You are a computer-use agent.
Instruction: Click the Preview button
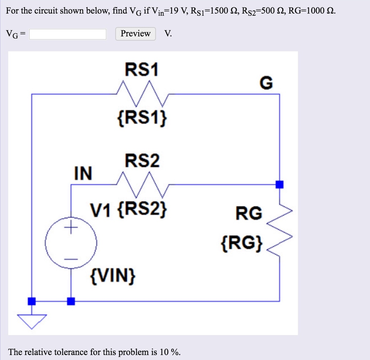pos(135,34)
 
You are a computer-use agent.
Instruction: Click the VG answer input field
pos(68,34)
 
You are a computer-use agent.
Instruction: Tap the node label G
pos(266,84)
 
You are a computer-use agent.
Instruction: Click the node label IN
pos(83,173)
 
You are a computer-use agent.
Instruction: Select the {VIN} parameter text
pos(113,277)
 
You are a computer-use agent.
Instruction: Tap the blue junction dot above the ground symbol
pos(32,301)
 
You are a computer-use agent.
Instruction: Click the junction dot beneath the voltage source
pos(71,301)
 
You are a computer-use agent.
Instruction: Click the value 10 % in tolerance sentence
pos(169,352)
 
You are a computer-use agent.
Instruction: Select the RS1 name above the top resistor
pos(142,70)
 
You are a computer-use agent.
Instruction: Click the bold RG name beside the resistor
pos(249,214)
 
